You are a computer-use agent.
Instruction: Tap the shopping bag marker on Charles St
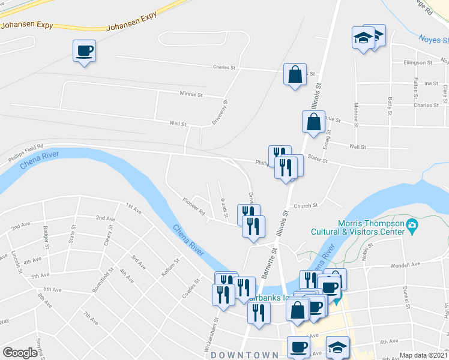pos(295,75)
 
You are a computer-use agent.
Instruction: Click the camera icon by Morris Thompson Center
pos(412,226)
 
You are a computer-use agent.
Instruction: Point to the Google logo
pos(20,353)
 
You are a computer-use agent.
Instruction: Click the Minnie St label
pos(191,94)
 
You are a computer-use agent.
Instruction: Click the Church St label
pos(306,206)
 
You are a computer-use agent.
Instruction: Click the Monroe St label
pos(356,115)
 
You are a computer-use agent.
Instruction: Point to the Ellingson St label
pos(418,62)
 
